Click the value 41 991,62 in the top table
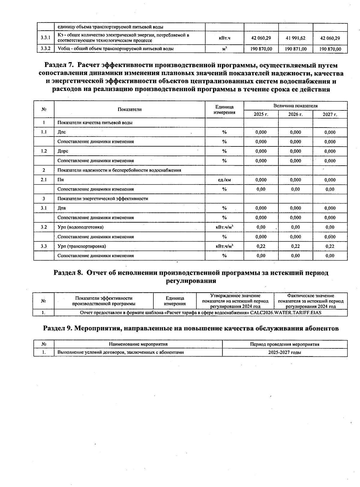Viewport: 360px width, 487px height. coord(295,38)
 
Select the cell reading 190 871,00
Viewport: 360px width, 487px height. coord(295,49)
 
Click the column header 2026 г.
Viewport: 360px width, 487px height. coord(295,114)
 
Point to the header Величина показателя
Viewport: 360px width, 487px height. coord(295,106)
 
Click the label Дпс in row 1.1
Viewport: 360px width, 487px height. coord(61,132)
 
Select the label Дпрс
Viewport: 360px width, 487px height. coord(63,151)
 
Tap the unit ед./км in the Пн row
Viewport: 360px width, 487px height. coord(224,180)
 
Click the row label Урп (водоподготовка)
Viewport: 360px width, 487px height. coord(80,227)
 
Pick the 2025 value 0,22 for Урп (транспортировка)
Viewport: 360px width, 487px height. coord(261,246)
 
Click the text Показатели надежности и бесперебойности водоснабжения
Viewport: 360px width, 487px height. coord(119,170)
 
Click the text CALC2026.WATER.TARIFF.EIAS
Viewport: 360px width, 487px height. coord(286,313)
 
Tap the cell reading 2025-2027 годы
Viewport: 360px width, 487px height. coord(284,352)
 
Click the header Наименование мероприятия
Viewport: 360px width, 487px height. coord(138,344)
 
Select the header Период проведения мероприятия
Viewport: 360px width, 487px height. coord(284,344)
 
